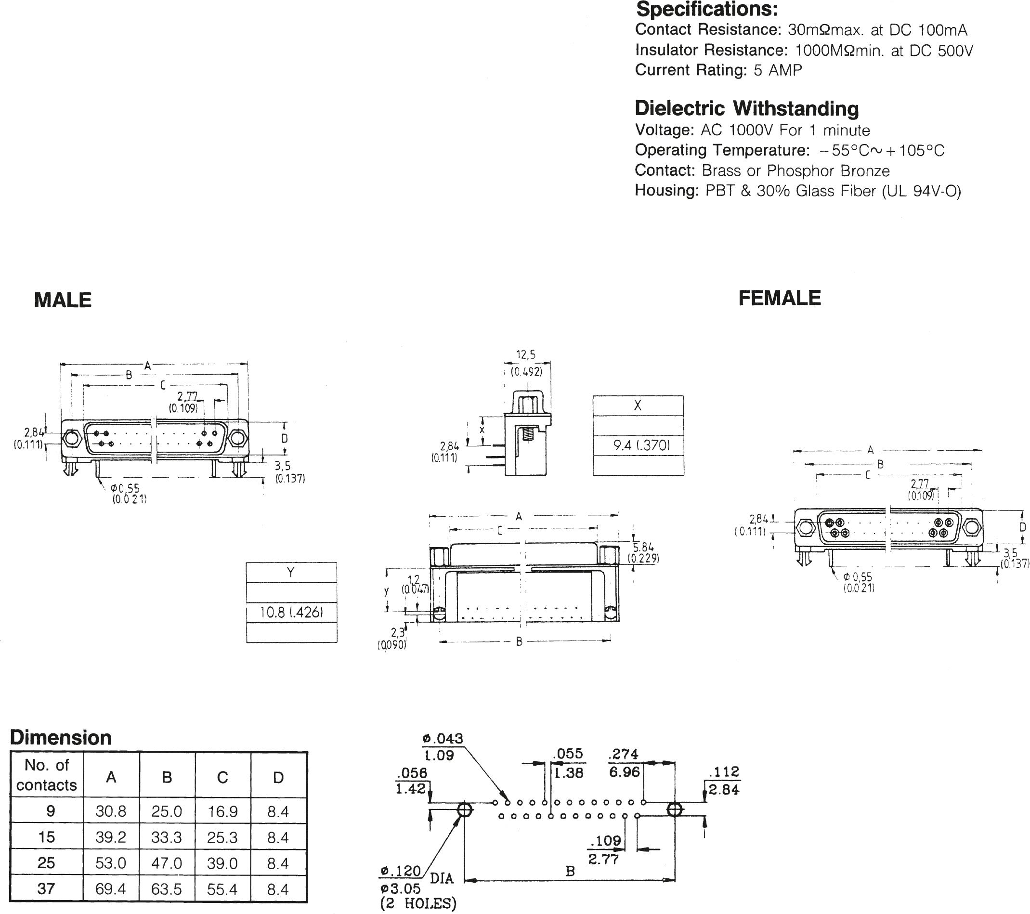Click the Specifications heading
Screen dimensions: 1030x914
click(x=707, y=10)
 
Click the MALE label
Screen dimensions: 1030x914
click(x=63, y=300)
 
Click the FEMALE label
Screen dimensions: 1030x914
click(x=780, y=298)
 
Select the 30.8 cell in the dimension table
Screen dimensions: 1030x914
click(x=111, y=811)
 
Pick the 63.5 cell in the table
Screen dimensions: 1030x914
click(x=166, y=889)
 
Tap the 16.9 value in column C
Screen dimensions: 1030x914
click(x=222, y=811)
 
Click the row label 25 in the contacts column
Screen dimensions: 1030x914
click(x=46, y=863)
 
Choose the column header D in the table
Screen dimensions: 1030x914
click(x=278, y=778)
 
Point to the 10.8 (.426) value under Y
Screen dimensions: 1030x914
click(x=291, y=612)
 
